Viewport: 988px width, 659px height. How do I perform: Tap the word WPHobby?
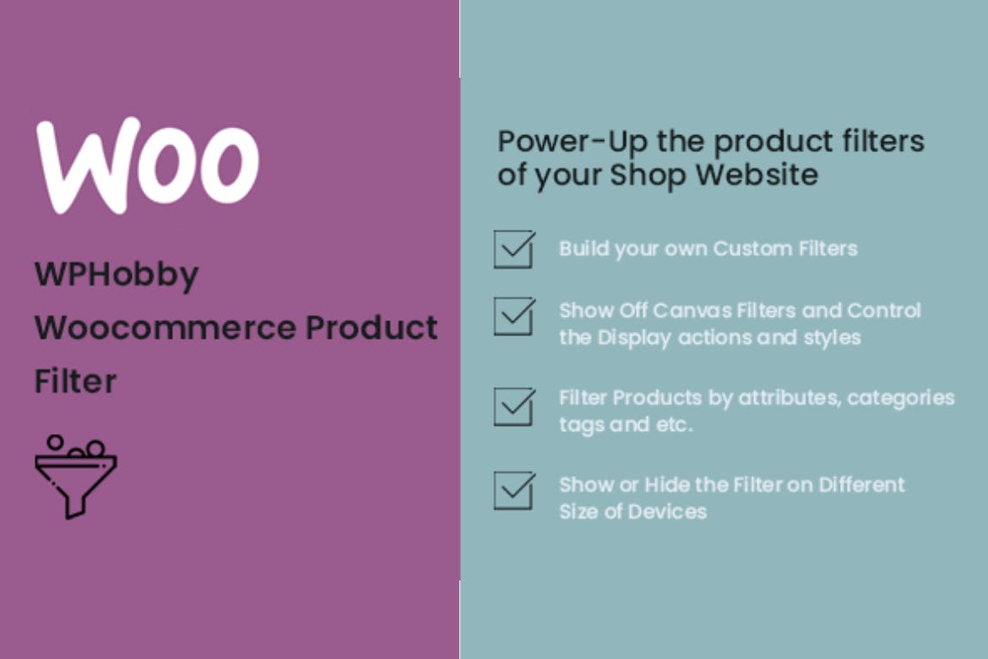point(117,275)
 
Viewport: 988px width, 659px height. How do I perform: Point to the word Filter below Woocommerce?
point(75,381)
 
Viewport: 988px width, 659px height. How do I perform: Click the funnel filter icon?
point(75,477)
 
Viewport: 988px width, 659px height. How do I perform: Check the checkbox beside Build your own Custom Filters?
point(514,249)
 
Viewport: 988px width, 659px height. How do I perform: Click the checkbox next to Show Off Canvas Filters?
point(514,316)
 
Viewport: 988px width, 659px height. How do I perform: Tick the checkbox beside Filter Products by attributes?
point(514,406)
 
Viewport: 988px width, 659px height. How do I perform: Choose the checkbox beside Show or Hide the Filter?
point(514,491)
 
